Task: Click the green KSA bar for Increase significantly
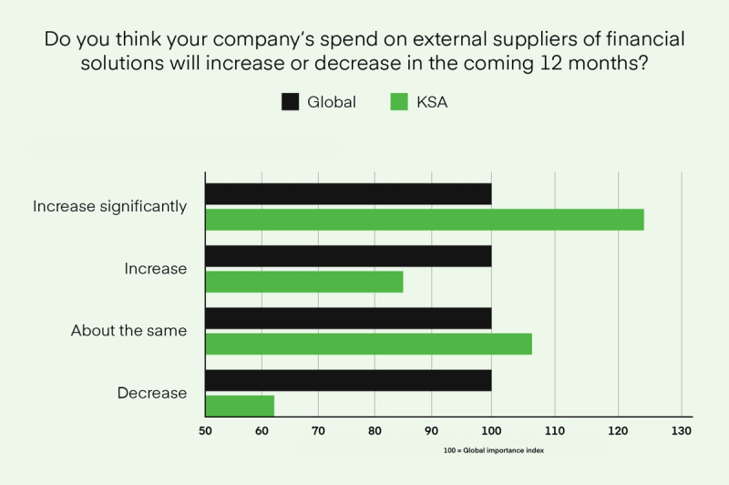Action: click(425, 220)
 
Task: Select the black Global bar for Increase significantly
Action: click(348, 194)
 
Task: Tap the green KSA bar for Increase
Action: click(304, 282)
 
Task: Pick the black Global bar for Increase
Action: click(348, 256)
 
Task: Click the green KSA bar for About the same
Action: click(368, 344)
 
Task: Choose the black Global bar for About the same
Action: click(348, 318)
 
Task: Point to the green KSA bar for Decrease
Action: click(240, 406)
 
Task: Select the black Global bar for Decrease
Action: click(348, 380)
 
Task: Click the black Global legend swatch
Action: click(290, 102)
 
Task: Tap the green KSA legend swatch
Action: click(398, 102)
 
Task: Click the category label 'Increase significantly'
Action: click(109, 207)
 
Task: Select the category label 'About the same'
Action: click(128, 331)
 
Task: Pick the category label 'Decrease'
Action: click(151, 393)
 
